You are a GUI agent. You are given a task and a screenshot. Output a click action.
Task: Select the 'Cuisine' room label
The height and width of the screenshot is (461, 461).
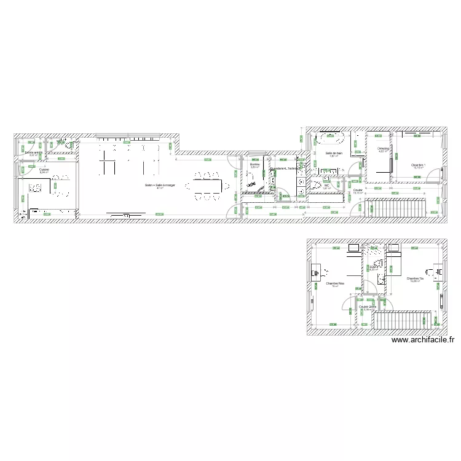tap(44, 170)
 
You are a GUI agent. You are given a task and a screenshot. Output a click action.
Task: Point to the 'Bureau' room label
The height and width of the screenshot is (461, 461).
tap(254, 165)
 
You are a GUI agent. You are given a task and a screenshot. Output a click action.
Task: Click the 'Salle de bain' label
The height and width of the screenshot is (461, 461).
tap(334, 152)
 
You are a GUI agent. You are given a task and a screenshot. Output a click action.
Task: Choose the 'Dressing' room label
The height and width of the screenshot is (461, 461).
tap(383, 149)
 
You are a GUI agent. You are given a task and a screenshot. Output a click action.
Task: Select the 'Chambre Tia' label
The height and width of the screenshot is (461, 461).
tap(415, 278)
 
